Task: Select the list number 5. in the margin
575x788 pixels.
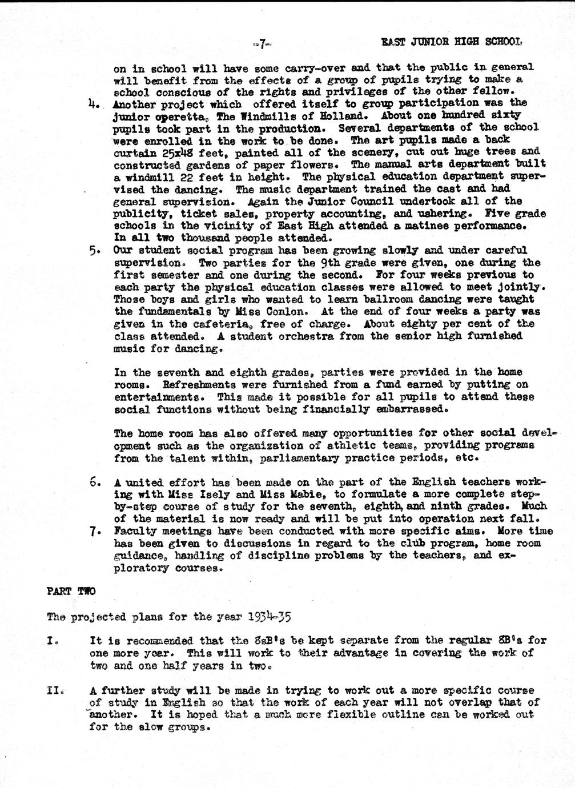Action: (x=95, y=251)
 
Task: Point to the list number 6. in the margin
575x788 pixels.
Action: (x=95, y=481)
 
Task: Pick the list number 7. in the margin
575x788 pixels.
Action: (x=95, y=531)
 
